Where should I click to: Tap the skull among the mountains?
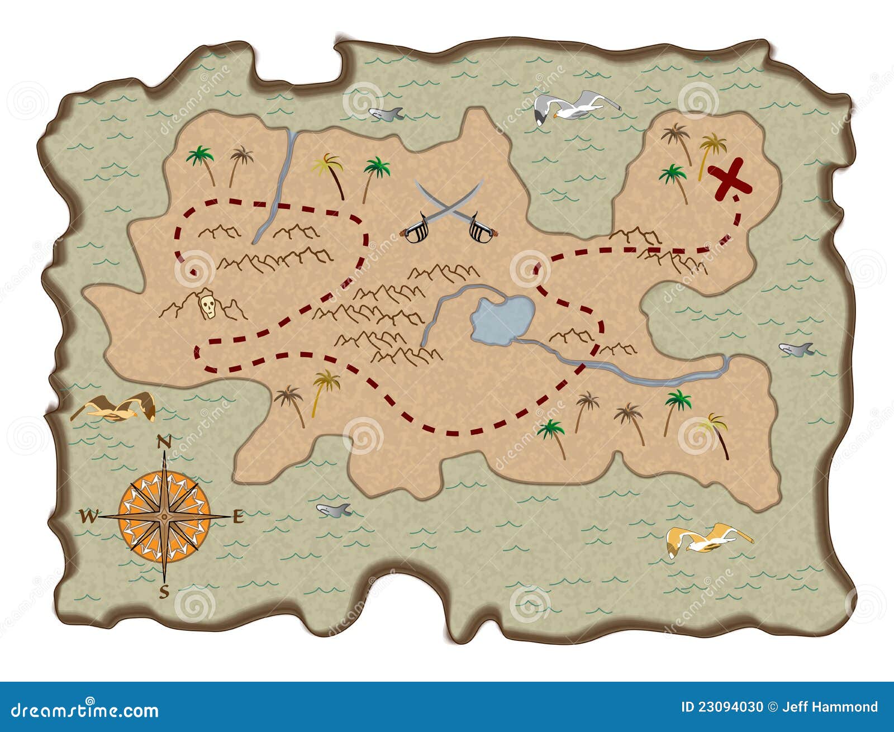click(208, 305)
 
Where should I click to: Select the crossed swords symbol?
click(449, 212)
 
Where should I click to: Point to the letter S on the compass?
click(164, 591)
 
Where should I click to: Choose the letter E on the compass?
click(238, 517)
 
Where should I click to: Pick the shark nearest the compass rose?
click(334, 510)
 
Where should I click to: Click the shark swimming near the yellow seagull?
click(796, 349)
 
